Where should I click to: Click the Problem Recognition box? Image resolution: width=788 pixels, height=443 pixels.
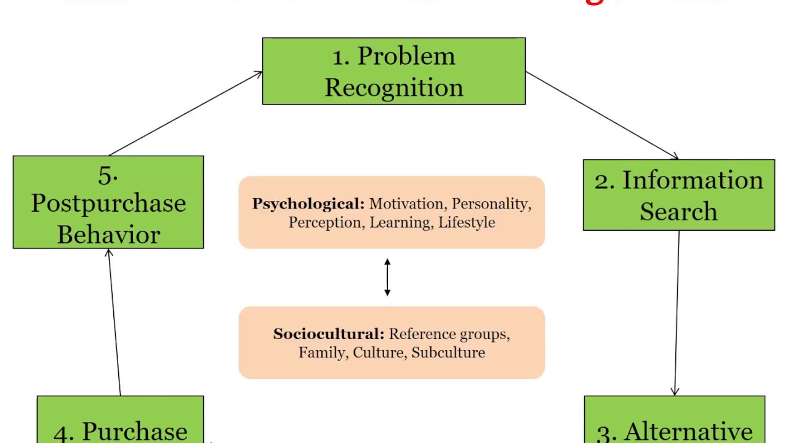coord(394,71)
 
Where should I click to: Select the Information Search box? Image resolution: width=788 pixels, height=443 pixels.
coord(678,195)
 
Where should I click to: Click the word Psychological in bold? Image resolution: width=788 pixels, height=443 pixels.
coord(308,204)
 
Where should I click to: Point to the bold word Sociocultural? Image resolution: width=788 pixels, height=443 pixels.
coord(328,334)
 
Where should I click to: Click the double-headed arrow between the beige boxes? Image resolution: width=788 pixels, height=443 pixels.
coord(387,277)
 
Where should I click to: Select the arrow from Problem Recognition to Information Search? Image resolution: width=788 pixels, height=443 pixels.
coord(602,115)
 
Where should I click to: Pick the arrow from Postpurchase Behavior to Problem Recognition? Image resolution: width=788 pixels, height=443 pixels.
coord(185,114)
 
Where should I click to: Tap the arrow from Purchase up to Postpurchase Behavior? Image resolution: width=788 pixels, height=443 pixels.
coord(115,323)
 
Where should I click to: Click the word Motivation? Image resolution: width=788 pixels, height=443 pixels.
coord(406,204)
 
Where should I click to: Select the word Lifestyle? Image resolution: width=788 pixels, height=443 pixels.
coord(467,222)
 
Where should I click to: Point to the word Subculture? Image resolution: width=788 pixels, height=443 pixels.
coord(448,353)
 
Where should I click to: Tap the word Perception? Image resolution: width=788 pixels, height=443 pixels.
coord(325,222)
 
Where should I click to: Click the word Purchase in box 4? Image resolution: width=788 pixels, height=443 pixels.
coord(134,432)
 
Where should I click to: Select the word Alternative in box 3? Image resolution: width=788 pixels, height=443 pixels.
coord(688,432)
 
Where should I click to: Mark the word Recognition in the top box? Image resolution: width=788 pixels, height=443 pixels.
coord(394,87)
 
